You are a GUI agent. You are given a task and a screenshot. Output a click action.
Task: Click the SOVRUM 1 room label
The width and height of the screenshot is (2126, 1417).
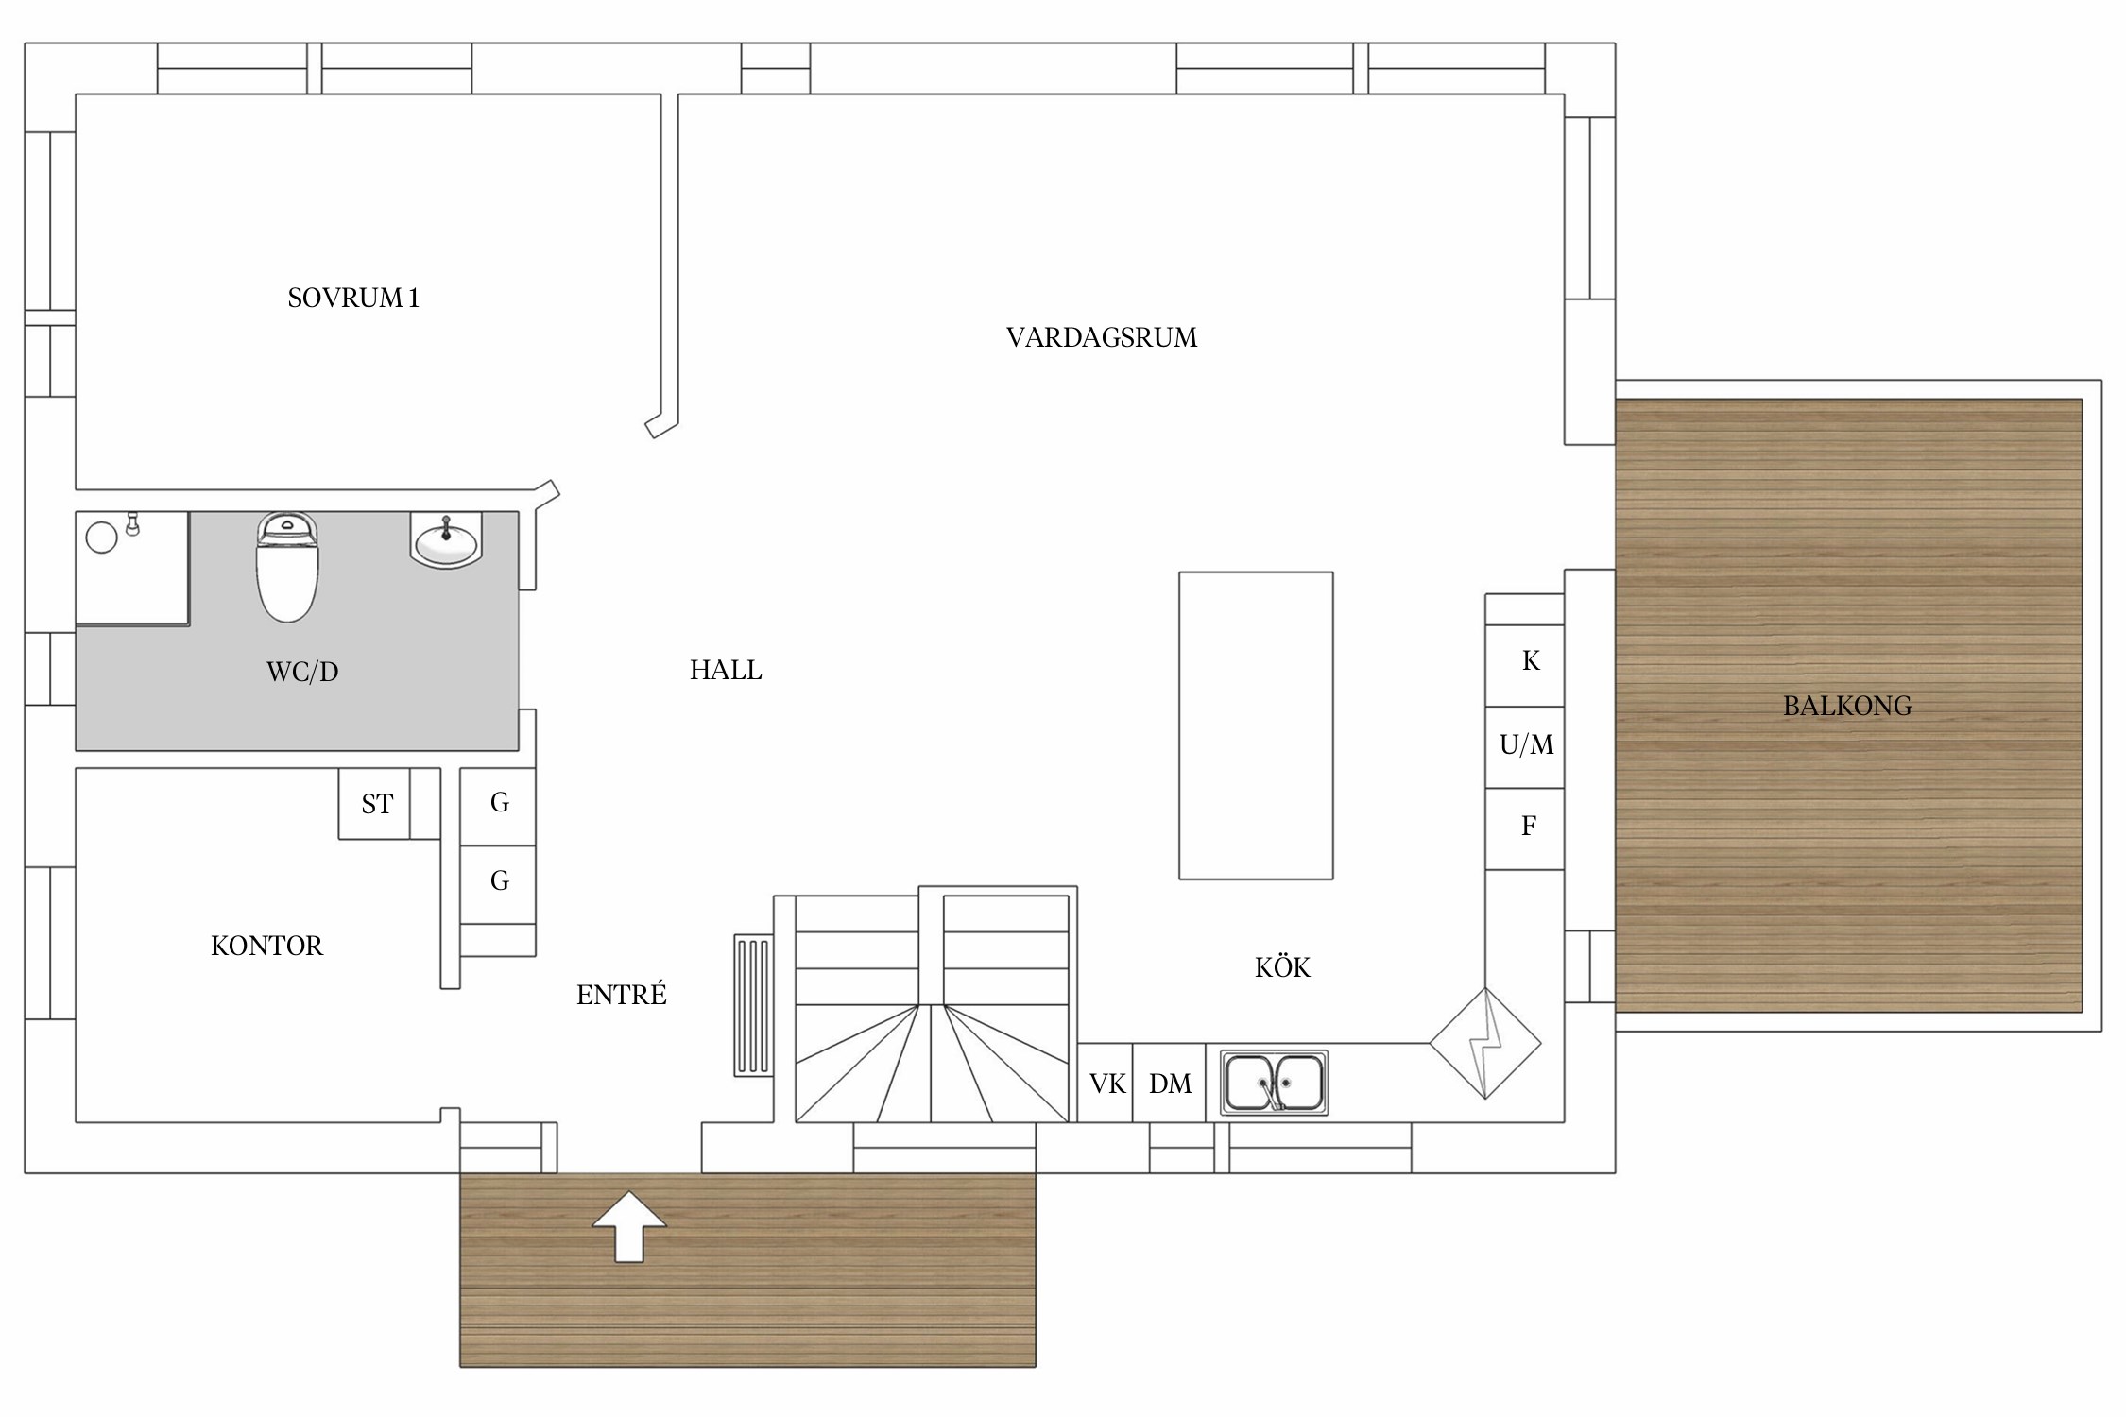pyautogui.click(x=353, y=298)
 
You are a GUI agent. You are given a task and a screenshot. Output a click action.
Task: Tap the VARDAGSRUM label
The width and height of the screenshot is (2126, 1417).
pyautogui.click(x=1102, y=337)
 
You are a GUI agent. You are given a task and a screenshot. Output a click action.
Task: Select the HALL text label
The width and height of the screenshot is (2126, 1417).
pyautogui.click(x=726, y=670)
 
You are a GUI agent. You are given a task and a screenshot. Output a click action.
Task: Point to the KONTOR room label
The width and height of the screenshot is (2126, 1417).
pyautogui.click(x=266, y=946)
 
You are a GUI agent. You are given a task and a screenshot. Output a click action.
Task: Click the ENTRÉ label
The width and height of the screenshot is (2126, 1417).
pyautogui.click(x=622, y=994)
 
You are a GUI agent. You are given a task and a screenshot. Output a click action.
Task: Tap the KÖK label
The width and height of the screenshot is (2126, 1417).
pyautogui.click(x=1282, y=966)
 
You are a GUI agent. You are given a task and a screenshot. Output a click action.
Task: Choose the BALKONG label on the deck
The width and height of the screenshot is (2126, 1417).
pyautogui.click(x=1847, y=706)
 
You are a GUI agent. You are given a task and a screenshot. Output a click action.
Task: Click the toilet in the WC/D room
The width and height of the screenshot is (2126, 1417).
pyautogui.click(x=287, y=567)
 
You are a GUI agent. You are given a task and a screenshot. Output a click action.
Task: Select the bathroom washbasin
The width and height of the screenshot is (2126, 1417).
pyautogui.click(x=446, y=540)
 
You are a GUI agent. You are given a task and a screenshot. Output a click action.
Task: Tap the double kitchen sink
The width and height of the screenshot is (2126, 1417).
pyautogui.click(x=1274, y=1083)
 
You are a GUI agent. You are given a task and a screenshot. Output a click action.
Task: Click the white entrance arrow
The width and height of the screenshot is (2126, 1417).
pyautogui.click(x=629, y=1226)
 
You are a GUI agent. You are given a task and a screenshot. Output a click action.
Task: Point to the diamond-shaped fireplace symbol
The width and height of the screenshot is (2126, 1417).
pyautogui.click(x=1485, y=1044)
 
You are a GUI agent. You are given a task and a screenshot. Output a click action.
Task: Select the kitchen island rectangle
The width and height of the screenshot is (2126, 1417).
pyautogui.click(x=1256, y=726)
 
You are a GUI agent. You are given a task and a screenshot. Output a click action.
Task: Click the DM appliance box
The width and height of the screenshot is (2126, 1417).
pyautogui.click(x=1169, y=1083)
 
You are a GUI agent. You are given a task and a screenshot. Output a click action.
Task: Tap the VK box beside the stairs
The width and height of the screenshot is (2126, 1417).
pyautogui.click(x=1106, y=1083)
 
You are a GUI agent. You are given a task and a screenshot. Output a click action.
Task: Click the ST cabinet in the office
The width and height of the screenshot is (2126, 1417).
pyautogui.click(x=375, y=803)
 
